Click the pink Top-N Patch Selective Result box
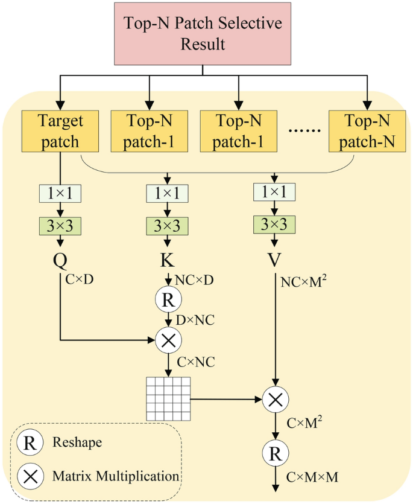pyautogui.click(x=203, y=34)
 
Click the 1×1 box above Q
pyautogui.click(x=60, y=194)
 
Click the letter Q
pyautogui.click(x=60, y=261)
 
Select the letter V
pyautogui.click(x=276, y=261)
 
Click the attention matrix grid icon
pyautogui.click(x=168, y=398)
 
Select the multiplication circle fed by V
pyautogui.click(x=276, y=398)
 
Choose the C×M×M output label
pyautogui.click(x=312, y=477)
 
